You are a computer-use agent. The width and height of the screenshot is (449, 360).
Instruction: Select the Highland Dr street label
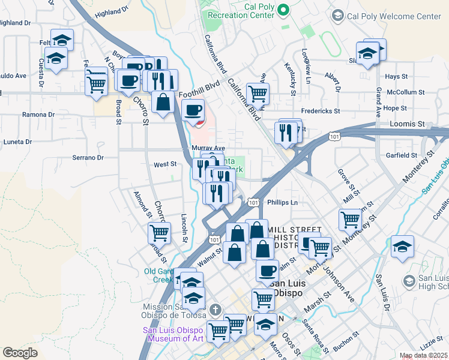pyautogui.click(x=111, y=11)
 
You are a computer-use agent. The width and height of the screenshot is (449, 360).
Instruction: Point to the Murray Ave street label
pyautogui.click(x=208, y=148)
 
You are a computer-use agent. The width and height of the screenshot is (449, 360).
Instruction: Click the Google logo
pyautogui.click(x=20, y=353)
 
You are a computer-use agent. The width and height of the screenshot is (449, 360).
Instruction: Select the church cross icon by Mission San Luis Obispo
pyautogui.click(x=216, y=310)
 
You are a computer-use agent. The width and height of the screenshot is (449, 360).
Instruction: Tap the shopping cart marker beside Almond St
pyautogui.click(x=159, y=232)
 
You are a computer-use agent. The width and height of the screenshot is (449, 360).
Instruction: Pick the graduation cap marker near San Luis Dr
pyautogui.click(x=402, y=247)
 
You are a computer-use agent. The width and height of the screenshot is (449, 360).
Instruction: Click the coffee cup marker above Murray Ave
pyautogui.click(x=193, y=110)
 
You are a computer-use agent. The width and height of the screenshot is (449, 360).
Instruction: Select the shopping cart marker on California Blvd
pyautogui.click(x=258, y=93)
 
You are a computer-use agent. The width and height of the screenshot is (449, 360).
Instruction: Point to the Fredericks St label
pyautogui.click(x=320, y=111)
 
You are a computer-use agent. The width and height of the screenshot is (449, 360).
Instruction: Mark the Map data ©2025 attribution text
pyautogui.click(x=424, y=356)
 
